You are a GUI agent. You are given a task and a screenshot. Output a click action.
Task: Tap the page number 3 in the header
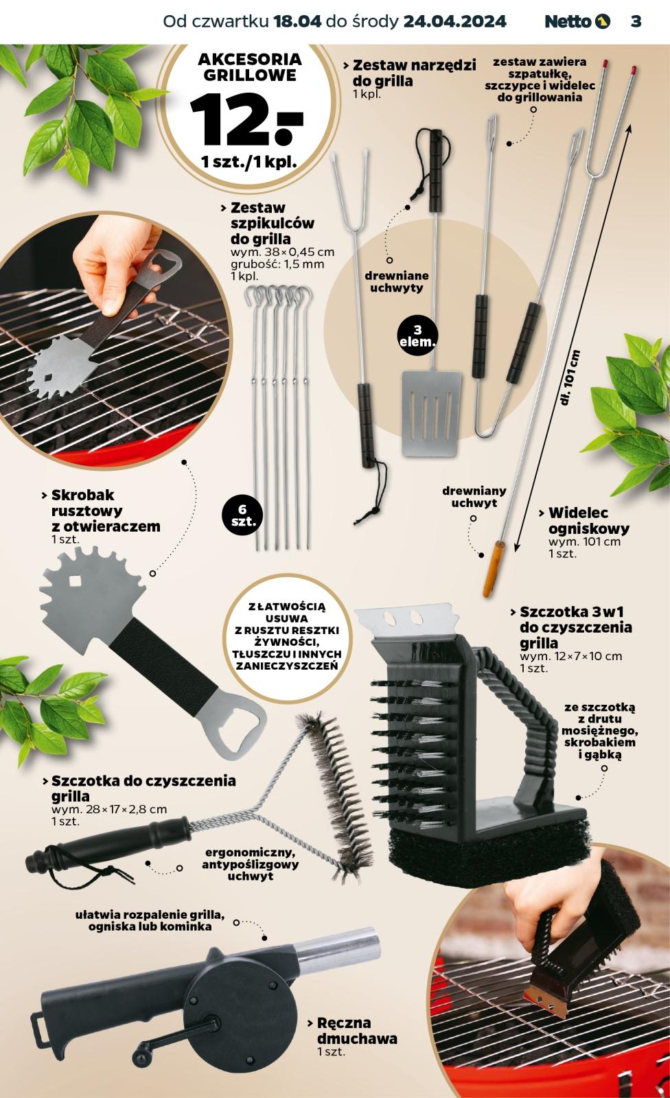point(636,21)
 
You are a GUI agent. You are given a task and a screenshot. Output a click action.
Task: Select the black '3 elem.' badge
point(417,336)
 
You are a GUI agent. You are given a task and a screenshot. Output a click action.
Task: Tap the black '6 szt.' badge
point(244,515)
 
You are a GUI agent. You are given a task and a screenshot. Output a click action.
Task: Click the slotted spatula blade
point(432,413)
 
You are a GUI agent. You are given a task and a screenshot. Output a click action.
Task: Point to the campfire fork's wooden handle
point(493,568)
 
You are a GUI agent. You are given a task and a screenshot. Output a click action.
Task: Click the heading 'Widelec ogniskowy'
point(588,521)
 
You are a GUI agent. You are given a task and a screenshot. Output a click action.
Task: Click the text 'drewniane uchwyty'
point(396,281)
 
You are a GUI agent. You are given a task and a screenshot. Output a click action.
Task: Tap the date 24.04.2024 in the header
point(454,21)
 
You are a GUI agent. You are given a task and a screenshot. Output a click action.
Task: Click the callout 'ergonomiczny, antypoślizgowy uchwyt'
point(250,864)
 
